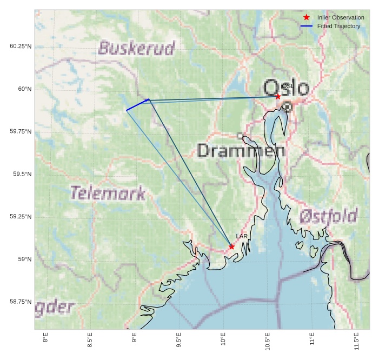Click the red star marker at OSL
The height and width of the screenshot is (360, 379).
[278, 96]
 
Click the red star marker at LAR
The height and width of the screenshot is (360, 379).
[232, 246]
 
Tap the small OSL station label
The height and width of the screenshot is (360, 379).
[287, 86]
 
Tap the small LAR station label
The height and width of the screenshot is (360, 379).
[242, 237]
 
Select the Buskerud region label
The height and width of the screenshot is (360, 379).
[136, 49]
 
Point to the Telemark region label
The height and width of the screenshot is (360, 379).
[108, 193]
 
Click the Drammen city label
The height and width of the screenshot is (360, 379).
[241, 151]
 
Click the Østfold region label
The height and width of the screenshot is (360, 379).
[328, 217]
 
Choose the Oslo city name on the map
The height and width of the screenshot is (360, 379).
[287, 88]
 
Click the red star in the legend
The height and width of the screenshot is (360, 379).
[307, 17]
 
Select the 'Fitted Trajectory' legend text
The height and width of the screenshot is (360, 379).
[339, 26]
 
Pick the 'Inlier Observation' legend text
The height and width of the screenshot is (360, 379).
[341, 17]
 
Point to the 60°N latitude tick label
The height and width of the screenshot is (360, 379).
[21, 89]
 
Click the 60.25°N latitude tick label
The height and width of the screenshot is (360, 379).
[21, 46]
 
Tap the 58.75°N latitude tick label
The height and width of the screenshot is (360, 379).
[21, 302]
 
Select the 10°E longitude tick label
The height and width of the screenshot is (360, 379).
[223, 340]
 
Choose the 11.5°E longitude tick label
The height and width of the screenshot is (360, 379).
[357, 340]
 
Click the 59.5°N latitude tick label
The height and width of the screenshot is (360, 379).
[21, 174]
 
